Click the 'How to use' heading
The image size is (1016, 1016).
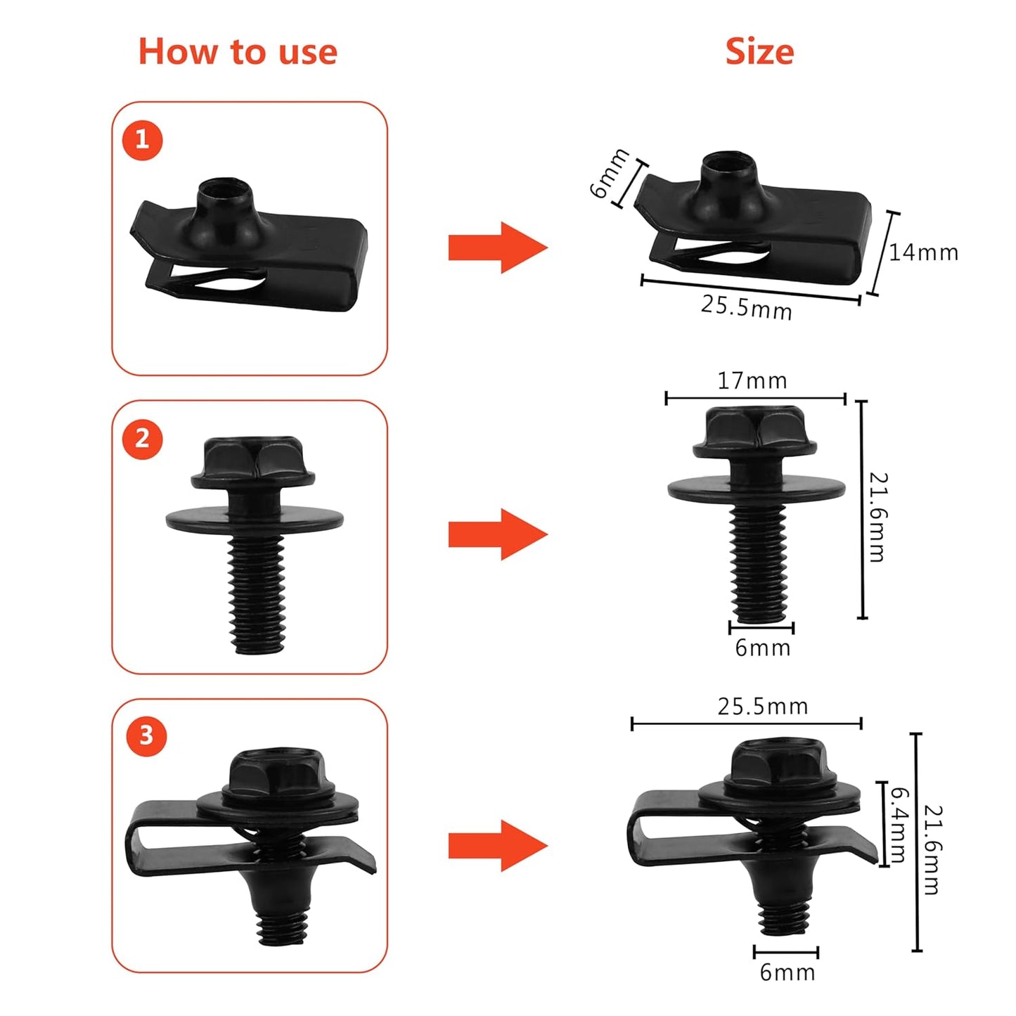(238, 52)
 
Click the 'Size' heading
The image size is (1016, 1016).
(759, 52)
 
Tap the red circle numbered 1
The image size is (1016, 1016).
(142, 140)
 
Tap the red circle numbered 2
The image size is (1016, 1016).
(142, 439)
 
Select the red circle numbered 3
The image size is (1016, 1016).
(146, 736)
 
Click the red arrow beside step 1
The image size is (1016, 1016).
(497, 247)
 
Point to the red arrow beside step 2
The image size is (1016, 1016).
(497, 534)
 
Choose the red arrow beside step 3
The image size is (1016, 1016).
(497, 846)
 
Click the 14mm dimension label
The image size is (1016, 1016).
(923, 252)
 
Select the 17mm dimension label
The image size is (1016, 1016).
(752, 381)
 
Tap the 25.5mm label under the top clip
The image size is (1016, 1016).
(746, 308)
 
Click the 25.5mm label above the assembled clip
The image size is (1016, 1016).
(762, 707)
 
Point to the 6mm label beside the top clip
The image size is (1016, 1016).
(609, 173)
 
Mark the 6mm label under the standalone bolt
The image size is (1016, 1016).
(762, 648)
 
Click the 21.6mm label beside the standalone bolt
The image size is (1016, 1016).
(877, 517)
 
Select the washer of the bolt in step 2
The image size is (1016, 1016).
(255, 520)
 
